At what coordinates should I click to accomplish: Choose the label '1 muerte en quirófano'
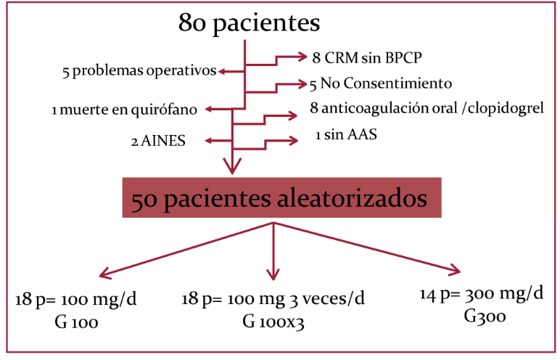(125, 110)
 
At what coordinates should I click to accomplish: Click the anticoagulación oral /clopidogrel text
(427, 110)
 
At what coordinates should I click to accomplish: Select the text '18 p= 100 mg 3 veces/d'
(273, 300)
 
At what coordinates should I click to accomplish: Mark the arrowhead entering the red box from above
(232, 168)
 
